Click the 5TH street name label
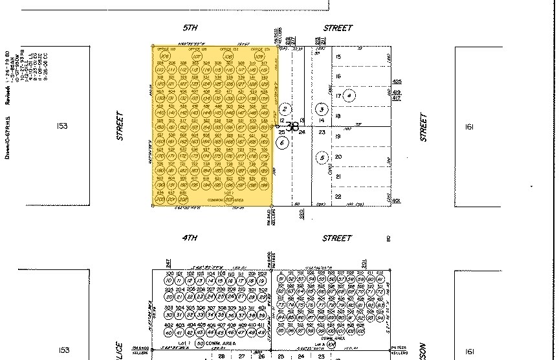tap(190, 28)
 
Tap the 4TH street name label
tap(190, 238)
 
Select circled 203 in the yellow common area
tap(228, 199)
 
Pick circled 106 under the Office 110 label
tap(164, 57)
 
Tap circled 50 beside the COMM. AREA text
tap(200, 343)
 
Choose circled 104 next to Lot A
tap(331, 344)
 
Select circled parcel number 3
tap(321, 109)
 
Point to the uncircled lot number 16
tap(338, 76)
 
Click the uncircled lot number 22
tap(338, 196)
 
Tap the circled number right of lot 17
tap(350, 96)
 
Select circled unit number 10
tap(169, 280)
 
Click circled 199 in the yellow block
tap(263, 185)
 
